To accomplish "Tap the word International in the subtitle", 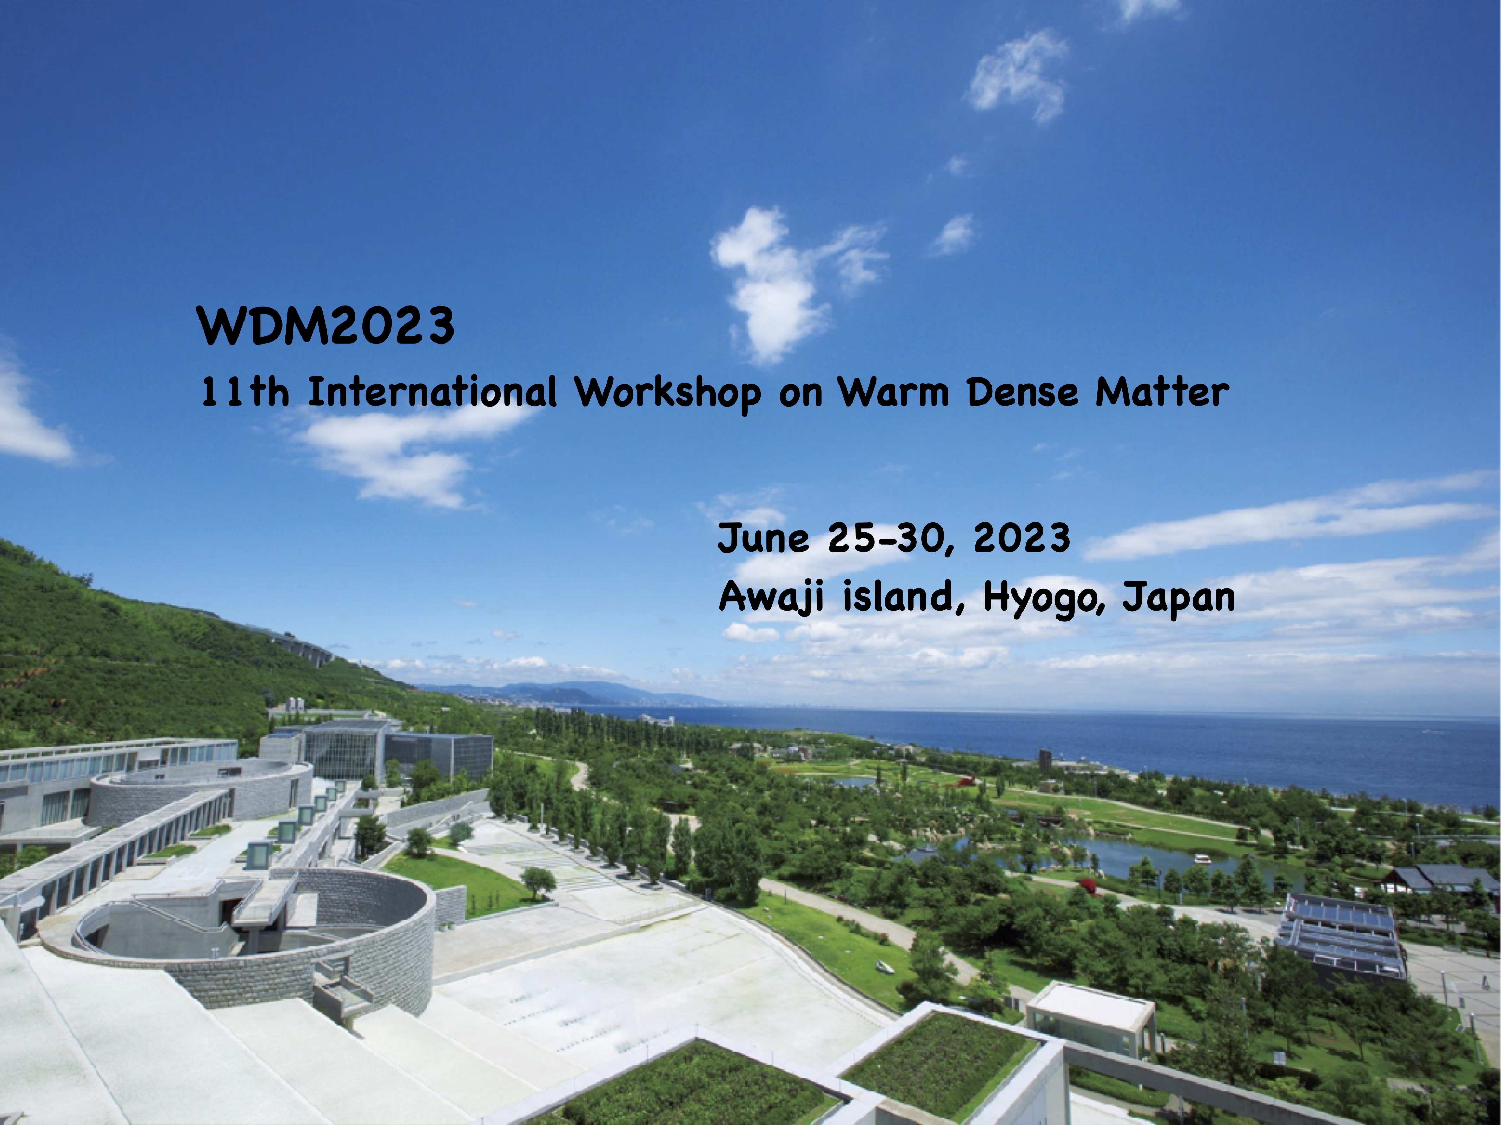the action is pyautogui.click(x=432, y=393).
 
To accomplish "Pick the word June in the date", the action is pyautogui.click(x=764, y=539).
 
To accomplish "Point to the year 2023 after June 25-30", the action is pyautogui.click(x=1022, y=539).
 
